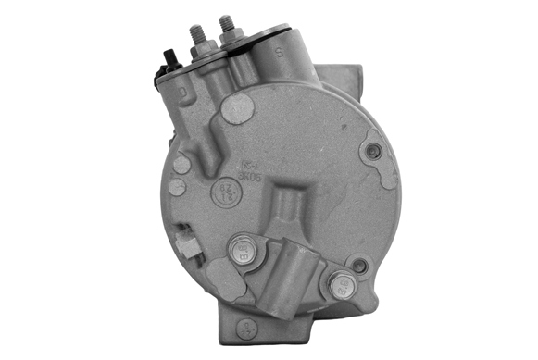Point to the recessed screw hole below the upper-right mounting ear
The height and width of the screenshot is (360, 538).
click(x=374, y=152)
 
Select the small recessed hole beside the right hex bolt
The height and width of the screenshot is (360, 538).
click(x=359, y=266)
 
